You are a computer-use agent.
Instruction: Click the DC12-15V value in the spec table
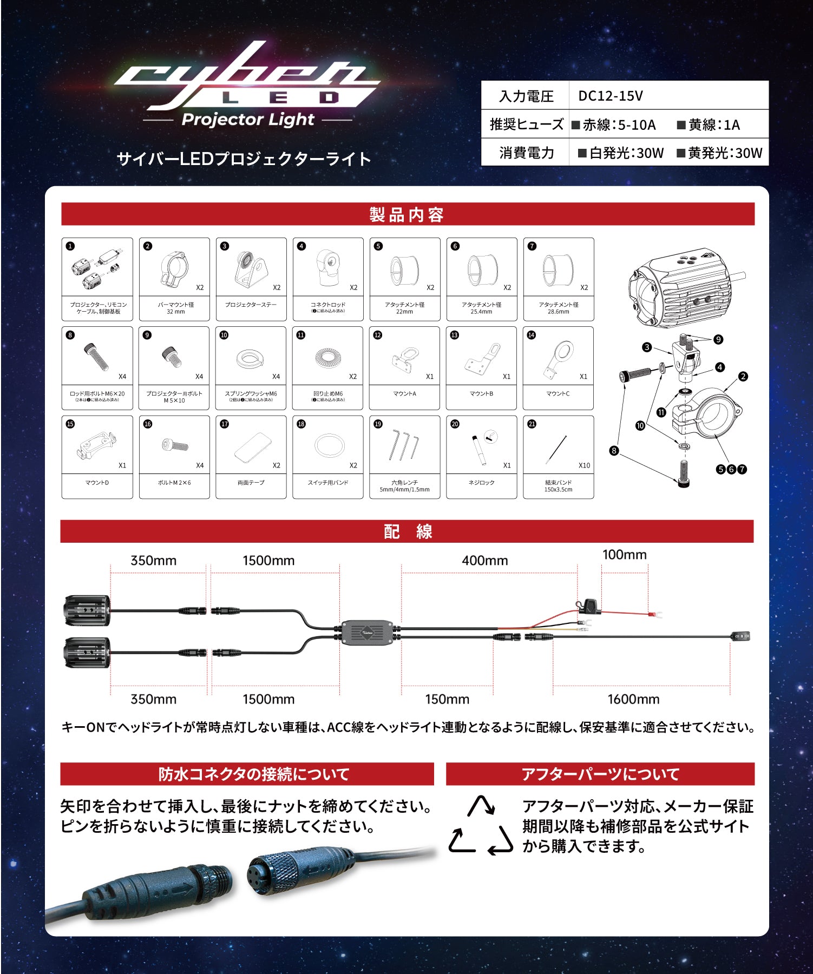(610, 96)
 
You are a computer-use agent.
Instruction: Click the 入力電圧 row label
(526, 96)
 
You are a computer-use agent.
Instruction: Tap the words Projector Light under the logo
(248, 120)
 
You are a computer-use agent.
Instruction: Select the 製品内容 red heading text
(407, 214)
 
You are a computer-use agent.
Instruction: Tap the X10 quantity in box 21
(584, 465)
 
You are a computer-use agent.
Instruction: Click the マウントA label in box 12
(404, 393)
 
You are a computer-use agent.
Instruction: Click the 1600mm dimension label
(633, 699)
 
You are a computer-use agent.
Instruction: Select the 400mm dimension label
(484, 561)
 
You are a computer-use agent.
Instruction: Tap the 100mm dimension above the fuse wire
(624, 555)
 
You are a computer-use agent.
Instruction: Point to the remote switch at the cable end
(741, 636)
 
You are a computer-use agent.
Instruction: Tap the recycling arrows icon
(481, 826)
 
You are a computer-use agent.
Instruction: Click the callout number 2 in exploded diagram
(743, 377)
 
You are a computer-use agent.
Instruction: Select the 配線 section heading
(407, 531)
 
